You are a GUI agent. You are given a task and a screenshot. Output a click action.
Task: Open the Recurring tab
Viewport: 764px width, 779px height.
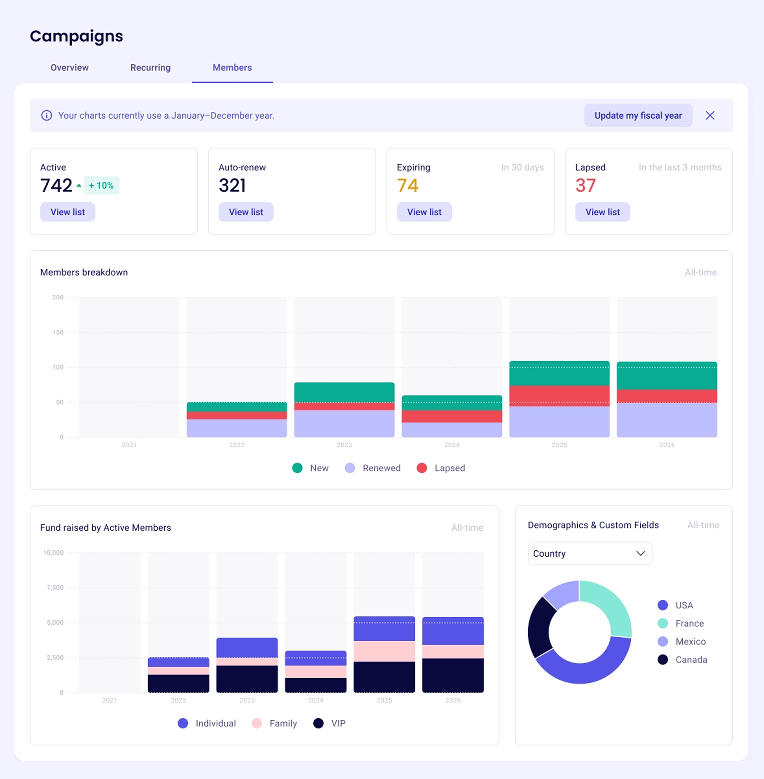click(x=150, y=67)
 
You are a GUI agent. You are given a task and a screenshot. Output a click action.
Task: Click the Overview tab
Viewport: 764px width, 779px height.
click(x=69, y=67)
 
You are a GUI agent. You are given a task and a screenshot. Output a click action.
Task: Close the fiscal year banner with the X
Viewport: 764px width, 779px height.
click(x=710, y=115)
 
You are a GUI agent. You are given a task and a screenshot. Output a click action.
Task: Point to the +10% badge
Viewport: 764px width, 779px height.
click(x=101, y=185)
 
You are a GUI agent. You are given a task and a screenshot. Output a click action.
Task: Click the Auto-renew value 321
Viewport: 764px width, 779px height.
click(x=232, y=185)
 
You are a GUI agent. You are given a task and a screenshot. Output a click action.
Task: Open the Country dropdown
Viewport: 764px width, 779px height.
click(x=590, y=553)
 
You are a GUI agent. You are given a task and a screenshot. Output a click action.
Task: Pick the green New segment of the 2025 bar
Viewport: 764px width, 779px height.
click(x=559, y=373)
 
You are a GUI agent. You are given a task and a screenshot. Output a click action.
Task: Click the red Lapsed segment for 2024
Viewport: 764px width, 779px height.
click(x=452, y=416)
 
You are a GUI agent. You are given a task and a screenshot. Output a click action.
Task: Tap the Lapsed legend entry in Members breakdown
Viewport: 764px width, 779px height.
click(x=441, y=468)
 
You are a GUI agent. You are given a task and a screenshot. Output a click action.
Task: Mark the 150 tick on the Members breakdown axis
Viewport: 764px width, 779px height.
click(x=58, y=332)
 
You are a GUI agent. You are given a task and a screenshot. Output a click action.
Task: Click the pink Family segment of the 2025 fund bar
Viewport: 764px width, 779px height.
click(x=384, y=651)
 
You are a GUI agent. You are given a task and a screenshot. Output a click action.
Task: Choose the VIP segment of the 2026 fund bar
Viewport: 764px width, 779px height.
click(x=453, y=675)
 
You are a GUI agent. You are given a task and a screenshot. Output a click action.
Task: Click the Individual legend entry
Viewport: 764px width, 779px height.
click(x=207, y=723)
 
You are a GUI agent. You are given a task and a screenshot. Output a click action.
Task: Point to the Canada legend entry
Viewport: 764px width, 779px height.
click(x=682, y=659)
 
